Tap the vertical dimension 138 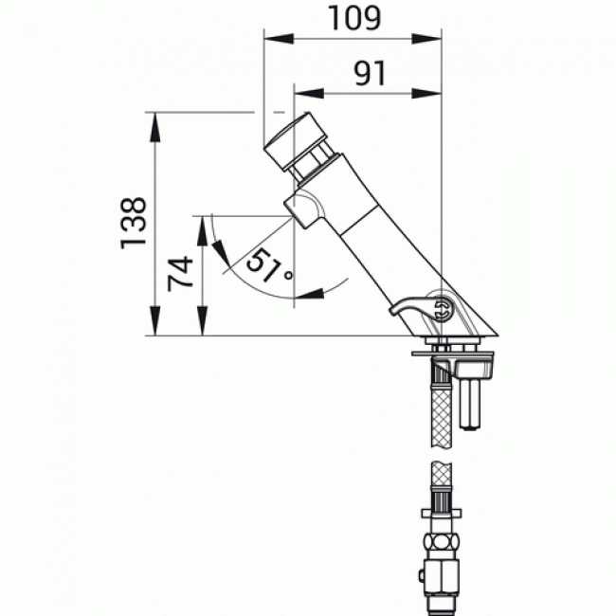pos(134,224)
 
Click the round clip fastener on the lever pos(442,306)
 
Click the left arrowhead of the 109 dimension pos(272,39)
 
